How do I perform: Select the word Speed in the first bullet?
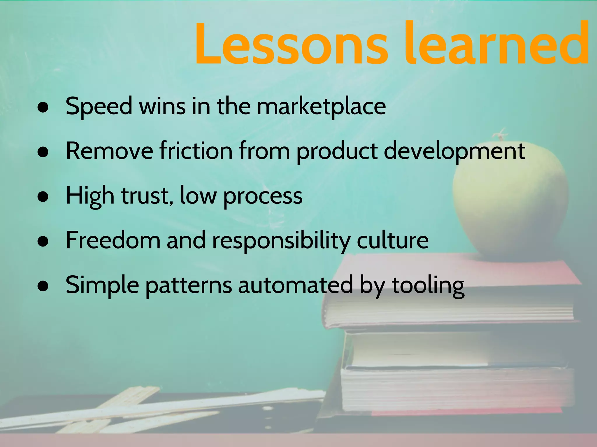coord(99,107)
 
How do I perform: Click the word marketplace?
coord(321,107)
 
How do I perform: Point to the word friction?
coord(196,151)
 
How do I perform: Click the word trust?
coord(145,196)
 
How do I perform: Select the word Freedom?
coord(113,240)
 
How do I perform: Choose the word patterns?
coord(189,285)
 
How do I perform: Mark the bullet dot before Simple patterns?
coord(43,286)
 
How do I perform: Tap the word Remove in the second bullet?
coord(109,151)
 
